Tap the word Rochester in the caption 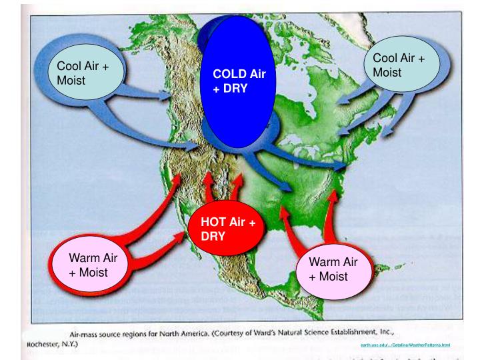point(39,345)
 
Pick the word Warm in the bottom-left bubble point(83,258)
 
